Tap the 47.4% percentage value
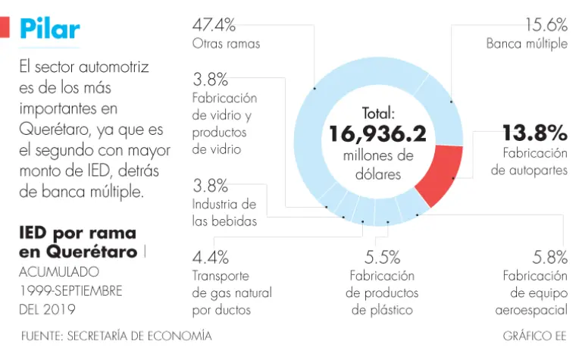(x=214, y=24)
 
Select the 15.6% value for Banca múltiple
(x=546, y=24)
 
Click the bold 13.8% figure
(x=535, y=133)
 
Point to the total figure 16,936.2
(x=377, y=135)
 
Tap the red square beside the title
(x=5, y=28)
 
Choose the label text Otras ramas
(x=226, y=43)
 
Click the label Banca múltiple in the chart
(x=527, y=43)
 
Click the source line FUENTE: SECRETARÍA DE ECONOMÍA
(x=116, y=335)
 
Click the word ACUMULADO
(x=58, y=271)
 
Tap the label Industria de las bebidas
(x=224, y=213)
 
